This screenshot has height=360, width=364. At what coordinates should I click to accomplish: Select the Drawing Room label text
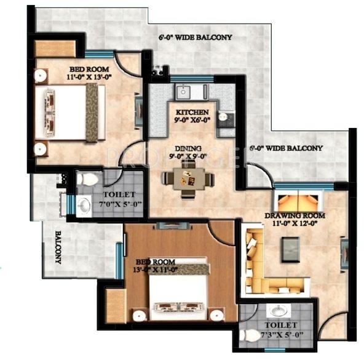(296, 215)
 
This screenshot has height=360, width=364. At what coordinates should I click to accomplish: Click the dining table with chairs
(188, 179)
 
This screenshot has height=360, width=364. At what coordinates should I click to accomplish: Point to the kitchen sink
(183, 92)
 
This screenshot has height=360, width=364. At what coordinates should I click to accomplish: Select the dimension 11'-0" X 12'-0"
(295, 224)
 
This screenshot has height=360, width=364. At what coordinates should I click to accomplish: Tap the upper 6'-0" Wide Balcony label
(195, 38)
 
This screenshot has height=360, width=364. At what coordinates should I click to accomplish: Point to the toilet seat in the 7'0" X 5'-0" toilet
(90, 179)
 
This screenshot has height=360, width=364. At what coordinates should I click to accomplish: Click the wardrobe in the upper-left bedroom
(53, 48)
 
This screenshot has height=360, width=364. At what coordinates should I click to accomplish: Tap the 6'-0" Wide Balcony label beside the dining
(286, 148)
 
